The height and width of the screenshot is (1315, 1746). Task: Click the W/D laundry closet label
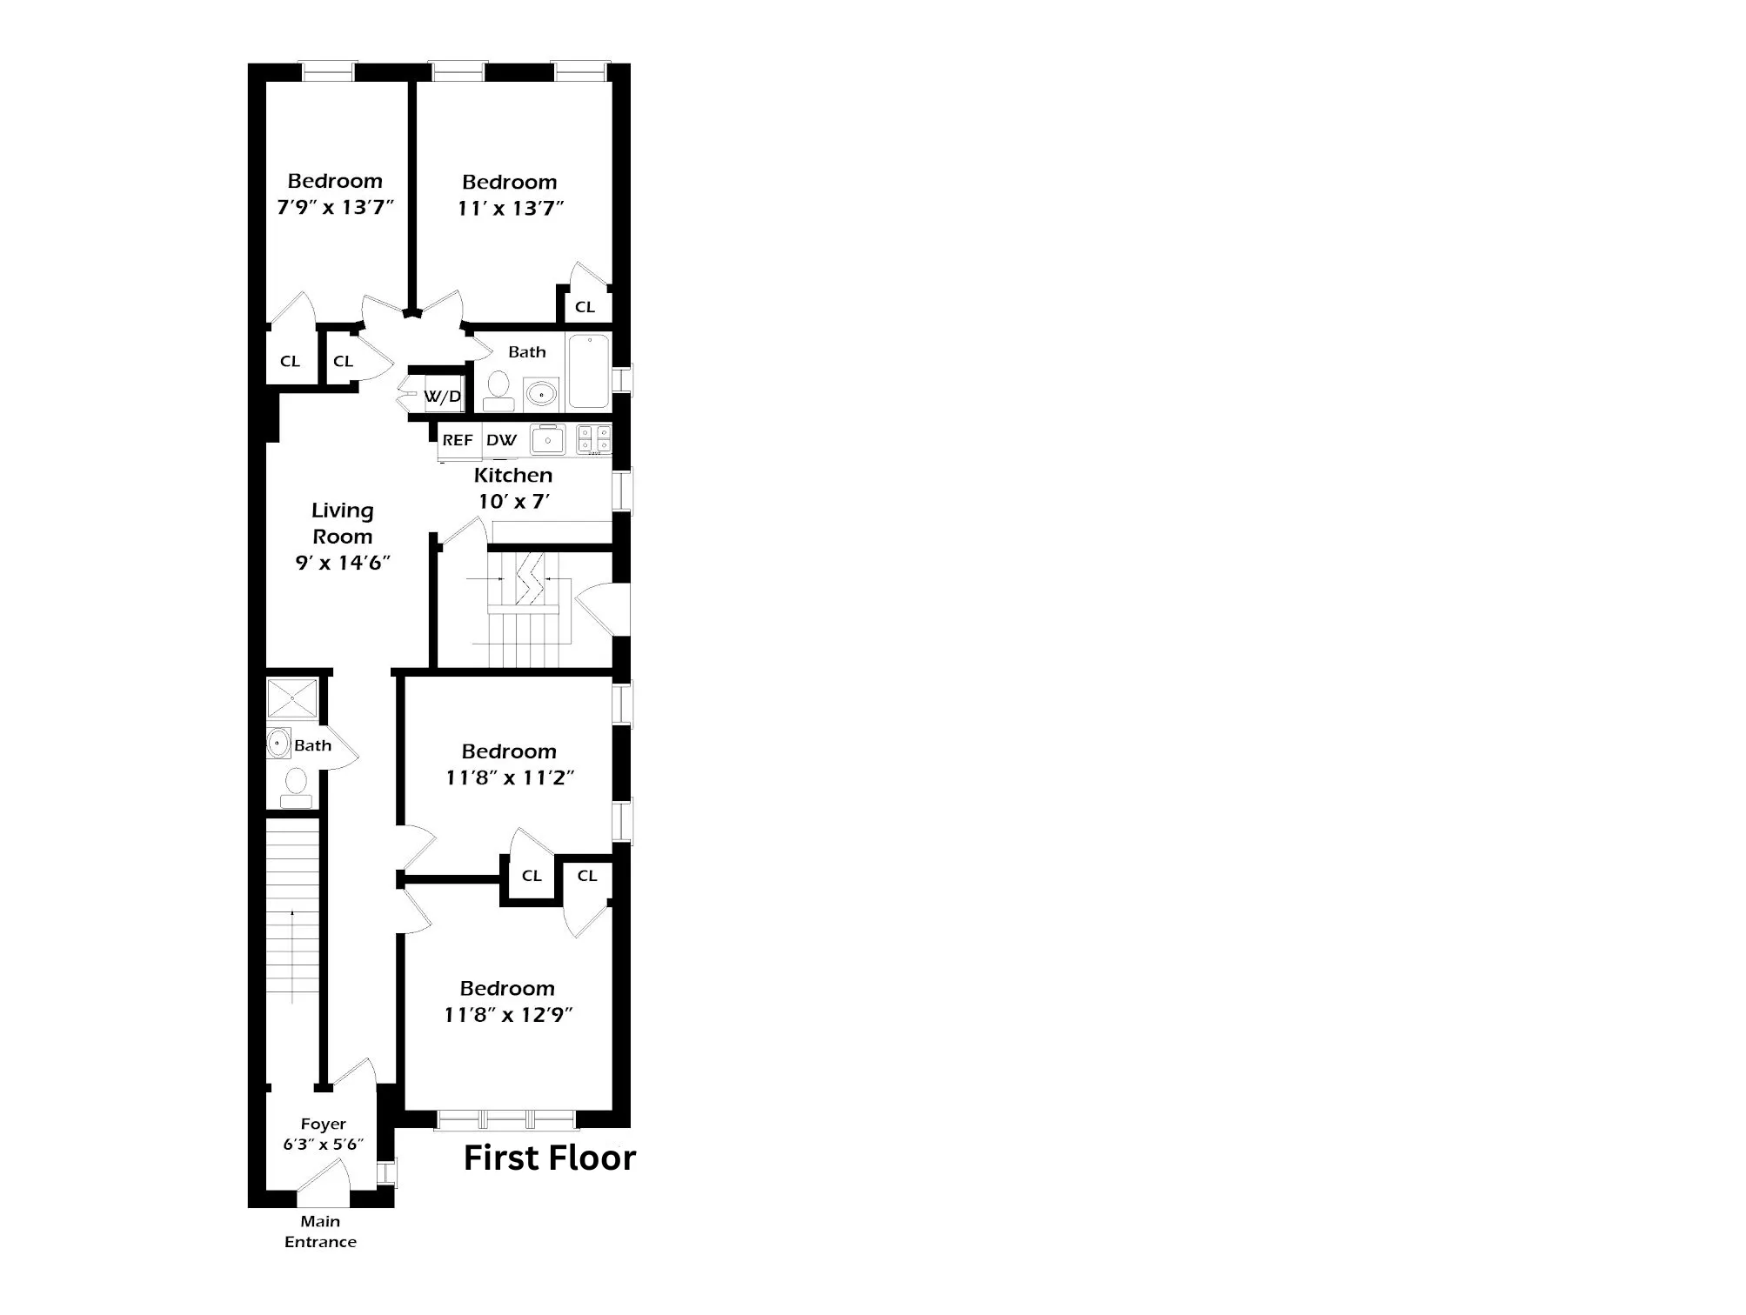click(443, 397)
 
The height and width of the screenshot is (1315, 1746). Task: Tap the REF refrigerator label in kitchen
click(458, 440)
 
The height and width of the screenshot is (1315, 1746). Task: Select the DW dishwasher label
click(501, 440)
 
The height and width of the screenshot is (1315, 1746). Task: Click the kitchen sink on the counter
click(548, 439)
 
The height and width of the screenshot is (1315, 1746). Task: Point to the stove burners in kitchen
click(594, 438)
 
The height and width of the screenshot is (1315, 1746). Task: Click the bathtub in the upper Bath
click(589, 372)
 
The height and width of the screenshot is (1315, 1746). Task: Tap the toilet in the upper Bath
click(498, 390)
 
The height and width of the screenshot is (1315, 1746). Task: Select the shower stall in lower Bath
click(292, 698)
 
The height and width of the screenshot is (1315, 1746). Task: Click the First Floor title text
click(549, 1158)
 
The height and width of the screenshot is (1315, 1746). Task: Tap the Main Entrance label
click(320, 1232)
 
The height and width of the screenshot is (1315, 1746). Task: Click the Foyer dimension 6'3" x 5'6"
click(323, 1145)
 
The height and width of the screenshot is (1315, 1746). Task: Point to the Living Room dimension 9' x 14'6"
click(342, 563)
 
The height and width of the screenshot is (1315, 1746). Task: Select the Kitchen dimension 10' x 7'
click(513, 502)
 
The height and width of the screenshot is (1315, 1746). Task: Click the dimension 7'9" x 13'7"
click(335, 208)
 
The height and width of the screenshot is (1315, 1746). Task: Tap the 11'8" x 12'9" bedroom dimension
click(508, 1015)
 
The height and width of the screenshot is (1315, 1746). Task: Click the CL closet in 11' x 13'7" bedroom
click(585, 307)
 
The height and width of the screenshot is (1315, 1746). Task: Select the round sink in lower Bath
click(278, 744)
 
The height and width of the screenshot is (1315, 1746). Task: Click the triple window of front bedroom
click(505, 1119)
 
